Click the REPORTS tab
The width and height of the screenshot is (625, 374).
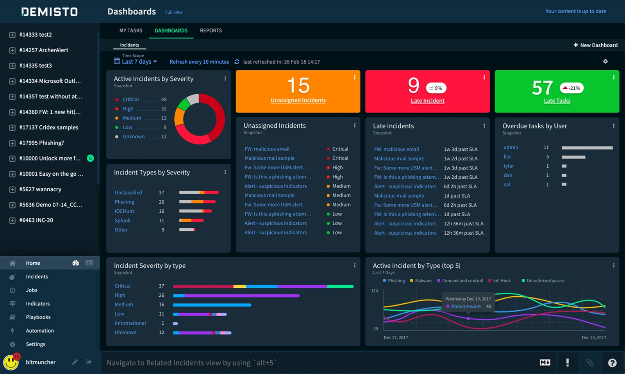click(x=211, y=30)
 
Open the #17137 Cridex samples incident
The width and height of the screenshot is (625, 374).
click(x=48, y=127)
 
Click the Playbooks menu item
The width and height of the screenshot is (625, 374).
click(x=38, y=317)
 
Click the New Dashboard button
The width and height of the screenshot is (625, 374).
click(x=595, y=45)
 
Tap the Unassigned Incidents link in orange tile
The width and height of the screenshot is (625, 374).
click(x=298, y=100)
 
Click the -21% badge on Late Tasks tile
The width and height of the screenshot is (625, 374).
click(x=571, y=88)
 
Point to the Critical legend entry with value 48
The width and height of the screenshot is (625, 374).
click(x=131, y=100)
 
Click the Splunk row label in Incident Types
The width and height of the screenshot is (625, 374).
click(x=123, y=221)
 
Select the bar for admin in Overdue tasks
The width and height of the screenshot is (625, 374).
click(x=587, y=148)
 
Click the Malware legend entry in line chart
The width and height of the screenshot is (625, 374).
click(x=423, y=281)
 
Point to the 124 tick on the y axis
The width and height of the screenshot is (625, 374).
click(x=375, y=291)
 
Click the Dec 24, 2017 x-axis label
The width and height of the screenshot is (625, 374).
click(x=594, y=338)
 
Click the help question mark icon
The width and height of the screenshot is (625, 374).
click(x=612, y=363)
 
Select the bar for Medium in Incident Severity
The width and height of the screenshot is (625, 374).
click(x=212, y=305)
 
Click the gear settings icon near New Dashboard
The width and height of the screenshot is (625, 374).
click(x=605, y=61)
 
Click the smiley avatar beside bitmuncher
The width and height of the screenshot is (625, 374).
click(x=11, y=362)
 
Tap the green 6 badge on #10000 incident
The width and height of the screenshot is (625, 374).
click(x=90, y=158)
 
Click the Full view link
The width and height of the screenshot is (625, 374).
click(x=173, y=12)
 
